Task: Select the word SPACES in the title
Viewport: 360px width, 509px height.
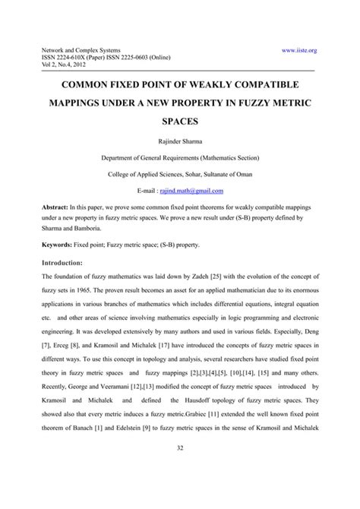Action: (x=179, y=119)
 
